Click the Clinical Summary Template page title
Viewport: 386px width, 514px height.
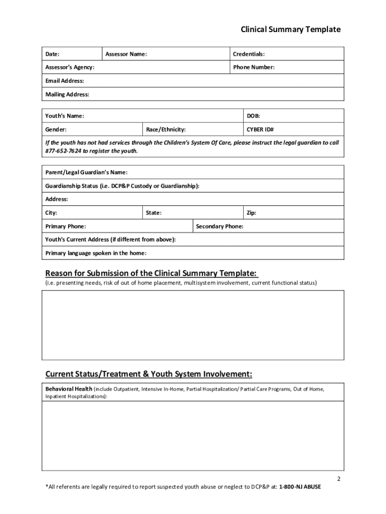click(x=290, y=30)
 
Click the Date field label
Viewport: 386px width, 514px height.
click(x=53, y=54)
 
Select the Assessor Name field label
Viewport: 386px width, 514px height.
click(x=126, y=54)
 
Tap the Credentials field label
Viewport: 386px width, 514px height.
click(x=249, y=54)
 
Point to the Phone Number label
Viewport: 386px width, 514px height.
click(x=254, y=67)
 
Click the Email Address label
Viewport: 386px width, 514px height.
click(x=65, y=81)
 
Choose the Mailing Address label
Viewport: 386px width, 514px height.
click(x=67, y=94)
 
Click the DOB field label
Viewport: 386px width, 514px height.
click(x=253, y=116)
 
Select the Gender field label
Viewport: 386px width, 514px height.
click(x=56, y=130)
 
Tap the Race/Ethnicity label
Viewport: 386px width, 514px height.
click(x=165, y=130)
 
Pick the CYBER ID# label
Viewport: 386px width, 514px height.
click(x=260, y=130)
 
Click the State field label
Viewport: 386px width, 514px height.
click(x=153, y=213)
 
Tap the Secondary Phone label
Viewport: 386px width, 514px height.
click(x=220, y=226)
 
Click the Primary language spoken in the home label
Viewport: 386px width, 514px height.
click(x=99, y=253)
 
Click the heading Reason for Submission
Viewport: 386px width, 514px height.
click(x=151, y=274)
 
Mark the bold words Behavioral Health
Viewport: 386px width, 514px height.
click(x=69, y=389)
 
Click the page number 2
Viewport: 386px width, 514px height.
click(x=338, y=478)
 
